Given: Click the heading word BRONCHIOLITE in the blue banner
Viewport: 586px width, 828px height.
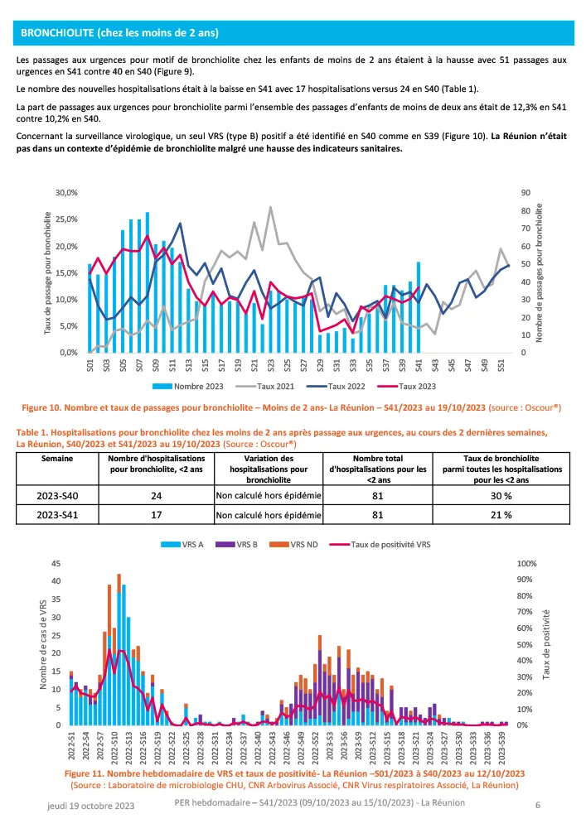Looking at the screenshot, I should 57,33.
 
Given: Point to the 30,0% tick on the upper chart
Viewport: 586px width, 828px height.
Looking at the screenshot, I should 65,192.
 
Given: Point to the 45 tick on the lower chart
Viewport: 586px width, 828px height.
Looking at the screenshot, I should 56,563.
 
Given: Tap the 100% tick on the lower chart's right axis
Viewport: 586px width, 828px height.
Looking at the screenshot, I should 528,563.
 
